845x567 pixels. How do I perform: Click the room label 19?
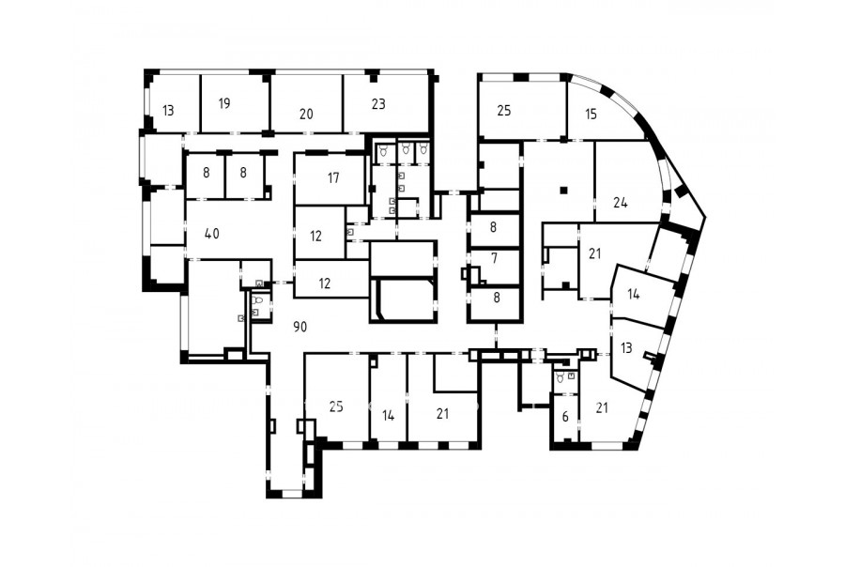click(224, 103)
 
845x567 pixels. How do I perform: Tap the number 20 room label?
click(306, 114)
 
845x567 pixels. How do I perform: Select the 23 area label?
click(378, 103)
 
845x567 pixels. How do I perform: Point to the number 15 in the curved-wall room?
click(591, 115)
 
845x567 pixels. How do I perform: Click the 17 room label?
click(333, 177)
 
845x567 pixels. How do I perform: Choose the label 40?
click(212, 234)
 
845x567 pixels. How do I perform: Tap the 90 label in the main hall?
click(300, 326)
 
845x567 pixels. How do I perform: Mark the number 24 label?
click(621, 203)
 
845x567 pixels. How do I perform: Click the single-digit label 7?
click(494, 258)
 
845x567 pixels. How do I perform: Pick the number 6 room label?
click(565, 417)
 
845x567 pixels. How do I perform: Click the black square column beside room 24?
click(563, 190)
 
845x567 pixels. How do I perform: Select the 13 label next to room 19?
click(168, 111)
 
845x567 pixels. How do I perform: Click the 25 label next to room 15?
click(504, 111)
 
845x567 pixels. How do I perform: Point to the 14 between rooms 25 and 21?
click(388, 416)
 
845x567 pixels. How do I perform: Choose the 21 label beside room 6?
click(602, 408)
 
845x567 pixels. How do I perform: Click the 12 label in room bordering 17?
click(315, 236)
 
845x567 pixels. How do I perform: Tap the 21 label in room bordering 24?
click(594, 253)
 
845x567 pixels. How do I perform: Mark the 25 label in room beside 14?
click(336, 406)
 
